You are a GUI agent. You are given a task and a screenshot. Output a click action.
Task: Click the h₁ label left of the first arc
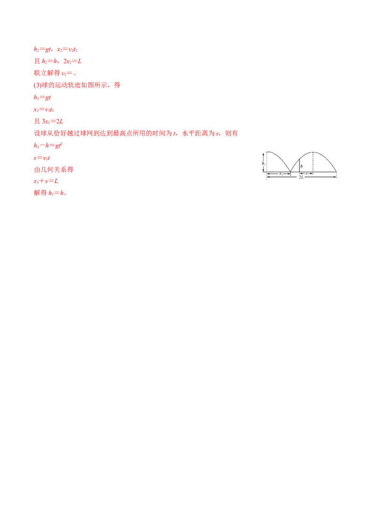click(x=263, y=164)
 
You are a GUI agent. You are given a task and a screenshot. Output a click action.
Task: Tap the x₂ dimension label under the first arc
click(x=281, y=174)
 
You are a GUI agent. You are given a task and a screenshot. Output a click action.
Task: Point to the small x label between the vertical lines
click(x=306, y=174)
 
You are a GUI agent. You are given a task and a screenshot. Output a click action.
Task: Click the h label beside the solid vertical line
click(x=302, y=166)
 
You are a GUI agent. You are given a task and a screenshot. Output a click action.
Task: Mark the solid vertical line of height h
click(x=299, y=166)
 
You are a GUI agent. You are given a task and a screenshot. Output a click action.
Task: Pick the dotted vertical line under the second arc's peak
click(x=313, y=162)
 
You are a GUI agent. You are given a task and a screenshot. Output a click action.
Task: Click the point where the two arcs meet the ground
click(x=290, y=172)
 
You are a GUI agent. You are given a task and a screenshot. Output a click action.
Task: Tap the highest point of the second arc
click(x=313, y=152)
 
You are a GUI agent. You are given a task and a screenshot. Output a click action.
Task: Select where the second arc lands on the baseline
click(x=336, y=172)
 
